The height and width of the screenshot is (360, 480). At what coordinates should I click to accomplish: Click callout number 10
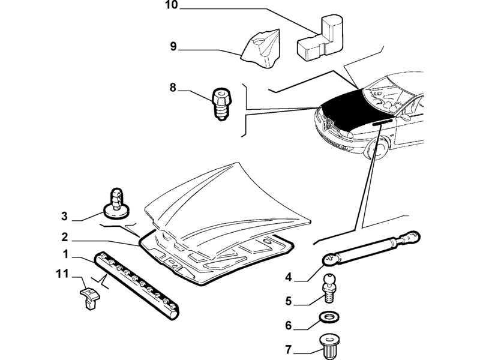[x=172, y=5]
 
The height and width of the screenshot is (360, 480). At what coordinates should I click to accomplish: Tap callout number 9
[x=173, y=47]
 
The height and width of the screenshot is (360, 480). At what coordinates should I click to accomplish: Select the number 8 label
[x=173, y=88]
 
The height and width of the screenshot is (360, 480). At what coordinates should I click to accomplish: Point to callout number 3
[x=64, y=216]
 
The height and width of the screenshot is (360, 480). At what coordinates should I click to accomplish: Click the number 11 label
[x=62, y=274]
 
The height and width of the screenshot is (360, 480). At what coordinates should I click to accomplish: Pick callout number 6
[x=289, y=325]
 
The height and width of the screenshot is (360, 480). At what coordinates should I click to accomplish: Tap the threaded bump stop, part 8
[x=221, y=104]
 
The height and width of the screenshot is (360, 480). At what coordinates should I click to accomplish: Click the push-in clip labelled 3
[x=116, y=203]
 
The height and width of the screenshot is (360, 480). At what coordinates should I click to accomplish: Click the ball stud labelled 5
[x=328, y=287]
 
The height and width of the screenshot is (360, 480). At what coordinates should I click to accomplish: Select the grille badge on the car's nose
[x=328, y=124]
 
